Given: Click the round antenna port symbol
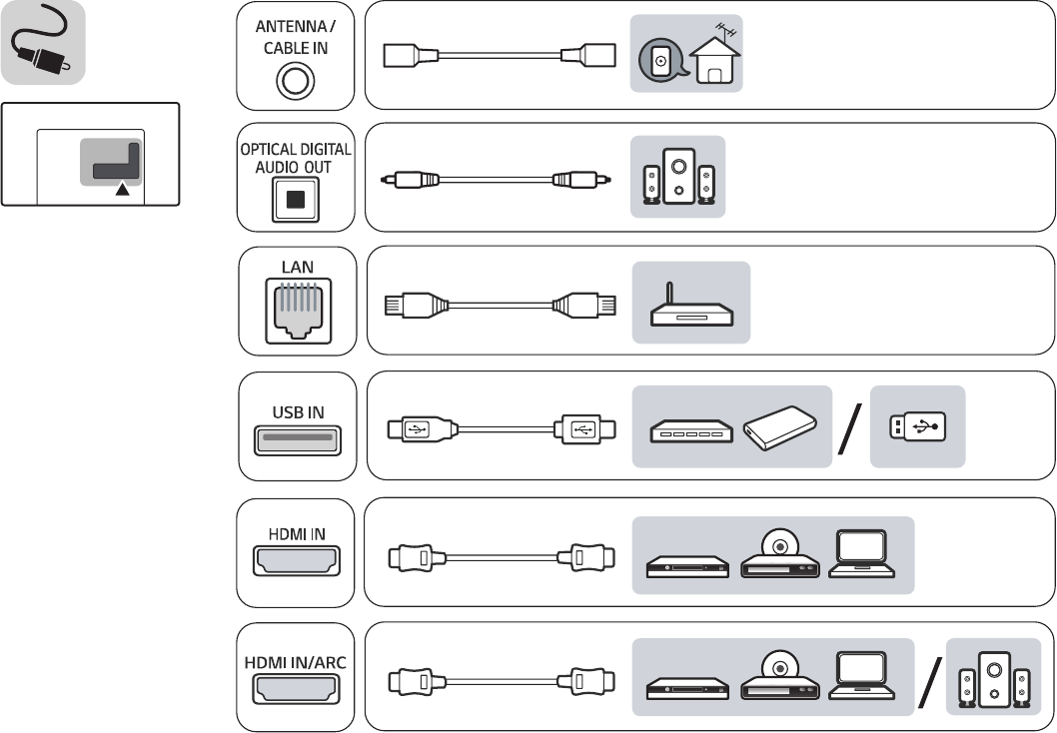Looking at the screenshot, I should (x=295, y=80).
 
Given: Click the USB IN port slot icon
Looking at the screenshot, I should (x=296, y=439).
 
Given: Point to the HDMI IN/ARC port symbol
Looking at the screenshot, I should (x=296, y=690).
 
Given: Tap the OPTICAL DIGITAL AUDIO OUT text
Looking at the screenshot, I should (x=295, y=158).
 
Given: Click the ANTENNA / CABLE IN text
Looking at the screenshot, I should (x=295, y=38).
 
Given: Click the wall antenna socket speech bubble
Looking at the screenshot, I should (x=659, y=62).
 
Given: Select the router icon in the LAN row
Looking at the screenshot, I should (x=690, y=305).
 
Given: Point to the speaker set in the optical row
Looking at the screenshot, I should (x=678, y=177).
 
